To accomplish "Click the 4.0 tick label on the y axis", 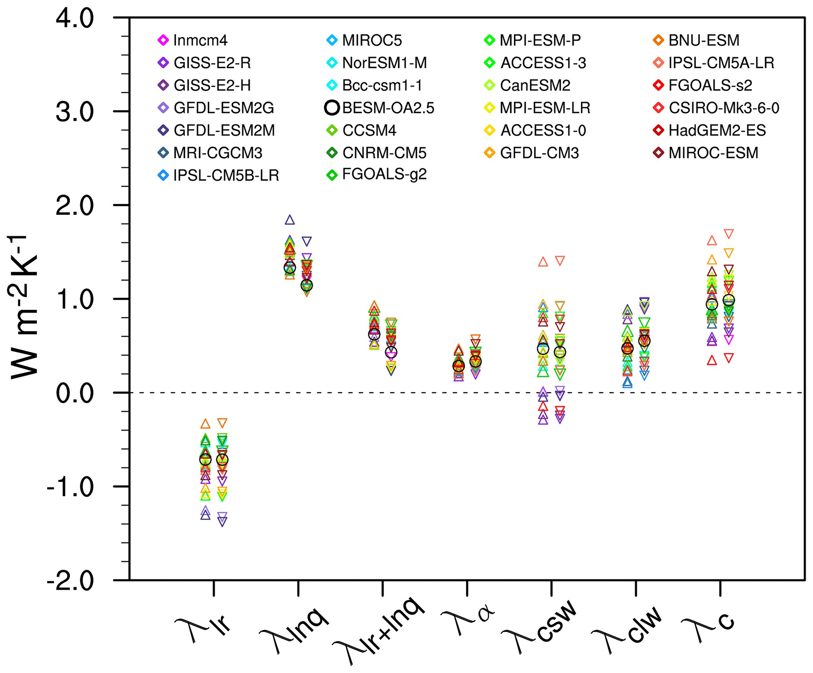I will [x=75, y=18].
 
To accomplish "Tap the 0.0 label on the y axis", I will [x=75, y=393].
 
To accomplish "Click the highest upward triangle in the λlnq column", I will [x=290, y=220].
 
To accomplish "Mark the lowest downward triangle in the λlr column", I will [x=222, y=522].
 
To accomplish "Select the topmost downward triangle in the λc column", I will [x=729, y=234].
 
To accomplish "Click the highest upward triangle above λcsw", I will [x=543, y=262].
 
